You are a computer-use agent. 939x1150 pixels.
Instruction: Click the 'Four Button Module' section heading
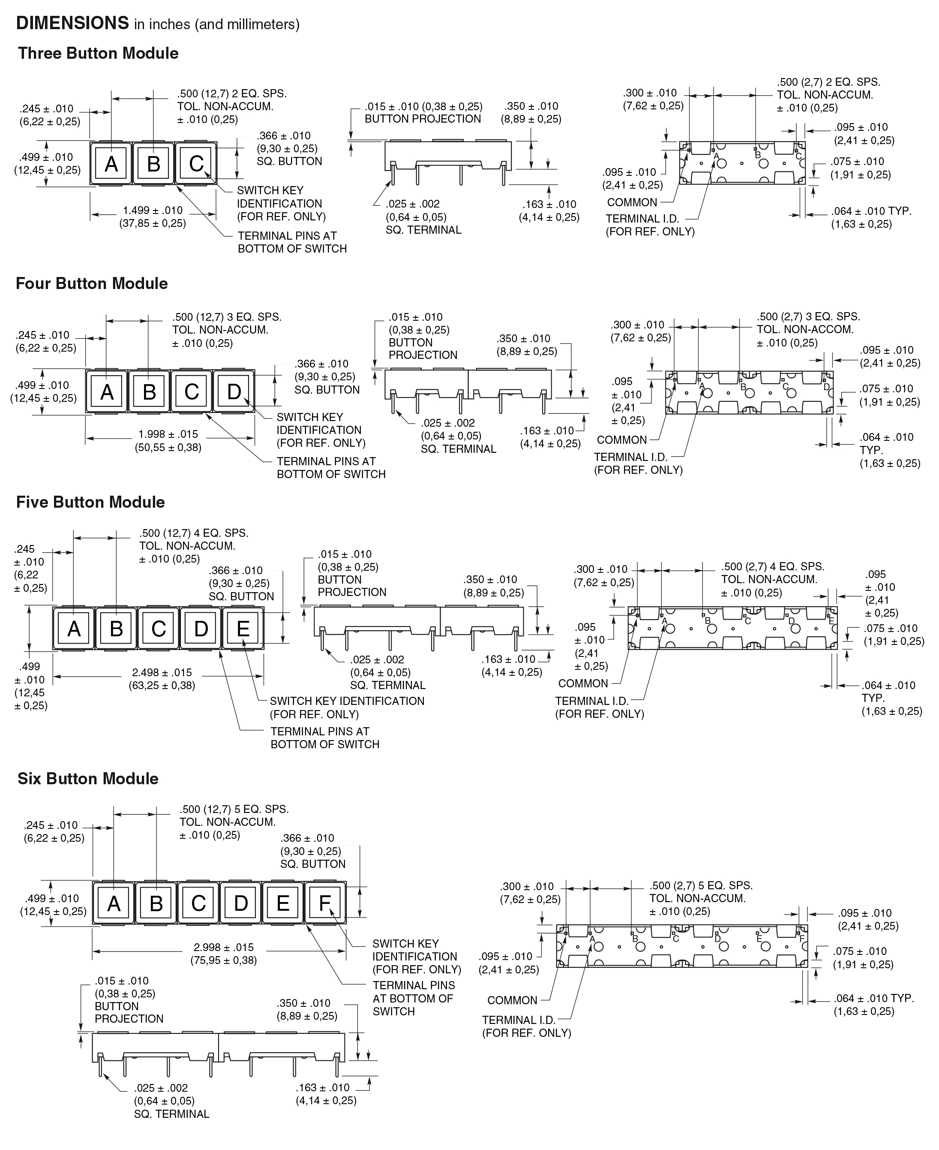tap(92, 283)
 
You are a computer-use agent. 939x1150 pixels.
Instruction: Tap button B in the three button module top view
tap(153, 163)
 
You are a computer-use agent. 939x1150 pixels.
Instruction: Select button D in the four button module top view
tap(234, 391)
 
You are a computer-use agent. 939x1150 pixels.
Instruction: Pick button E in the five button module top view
tap(243, 628)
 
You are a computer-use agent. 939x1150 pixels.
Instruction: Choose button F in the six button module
tap(325, 903)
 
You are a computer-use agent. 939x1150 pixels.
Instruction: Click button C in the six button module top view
tap(198, 903)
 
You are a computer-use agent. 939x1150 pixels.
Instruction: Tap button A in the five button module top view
tap(74, 628)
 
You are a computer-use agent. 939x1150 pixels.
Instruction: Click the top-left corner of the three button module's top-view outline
tap(90, 142)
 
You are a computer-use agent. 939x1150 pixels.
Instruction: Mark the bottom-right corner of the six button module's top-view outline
tap(346, 925)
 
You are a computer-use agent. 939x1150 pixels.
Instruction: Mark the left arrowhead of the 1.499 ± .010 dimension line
tap(91, 215)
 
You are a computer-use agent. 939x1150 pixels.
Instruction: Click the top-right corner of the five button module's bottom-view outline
tap(837, 607)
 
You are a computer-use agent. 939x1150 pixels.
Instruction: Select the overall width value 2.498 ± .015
tap(162, 673)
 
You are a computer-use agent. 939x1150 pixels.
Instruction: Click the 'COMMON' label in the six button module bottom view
tap(512, 1000)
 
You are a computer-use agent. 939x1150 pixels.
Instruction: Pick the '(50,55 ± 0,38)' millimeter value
tap(168, 447)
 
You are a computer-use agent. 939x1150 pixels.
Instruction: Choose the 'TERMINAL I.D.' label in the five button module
tap(592, 701)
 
